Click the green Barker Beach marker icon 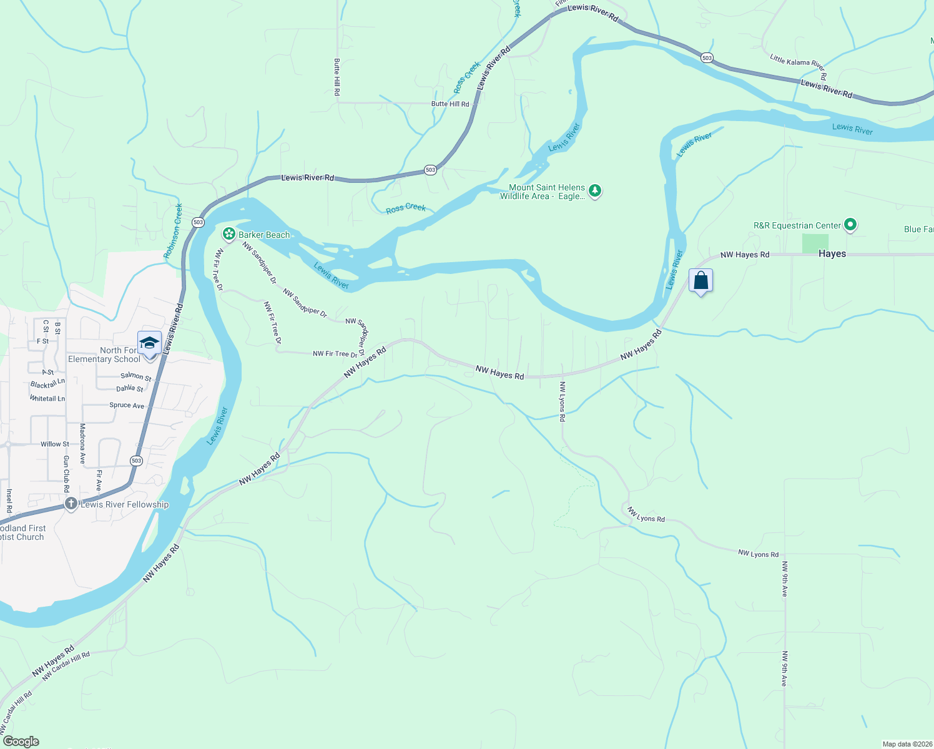click(229, 234)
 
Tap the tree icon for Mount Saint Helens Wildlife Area click(595, 191)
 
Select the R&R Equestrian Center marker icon click(850, 225)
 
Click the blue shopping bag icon click(701, 281)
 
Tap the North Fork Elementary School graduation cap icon click(149, 344)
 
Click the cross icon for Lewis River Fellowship click(71, 504)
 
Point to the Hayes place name click(832, 253)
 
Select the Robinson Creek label click(173, 231)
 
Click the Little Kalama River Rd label click(798, 67)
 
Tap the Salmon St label click(136, 376)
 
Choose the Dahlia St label click(130, 388)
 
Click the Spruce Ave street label click(127, 405)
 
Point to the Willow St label click(55, 444)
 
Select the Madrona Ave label click(82, 443)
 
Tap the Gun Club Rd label click(66, 474)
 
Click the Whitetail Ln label click(47, 398)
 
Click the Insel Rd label click(9, 501)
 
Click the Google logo click(21, 742)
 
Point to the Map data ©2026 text click(907, 744)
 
